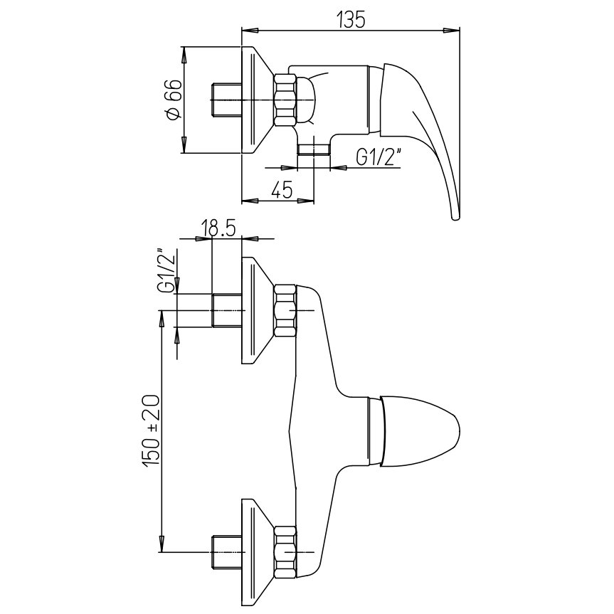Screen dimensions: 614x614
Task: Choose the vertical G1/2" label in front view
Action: (x=165, y=270)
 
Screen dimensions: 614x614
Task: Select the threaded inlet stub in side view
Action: (x=228, y=100)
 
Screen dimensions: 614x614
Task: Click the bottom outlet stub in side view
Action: (x=313, y=149)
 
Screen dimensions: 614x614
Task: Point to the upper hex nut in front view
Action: (x=286, y=311)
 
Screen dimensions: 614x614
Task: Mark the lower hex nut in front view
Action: (x=286, y=551)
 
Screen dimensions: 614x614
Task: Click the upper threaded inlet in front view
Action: (x=228, y=311)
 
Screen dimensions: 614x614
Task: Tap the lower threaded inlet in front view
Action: (x=228, y=552)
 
